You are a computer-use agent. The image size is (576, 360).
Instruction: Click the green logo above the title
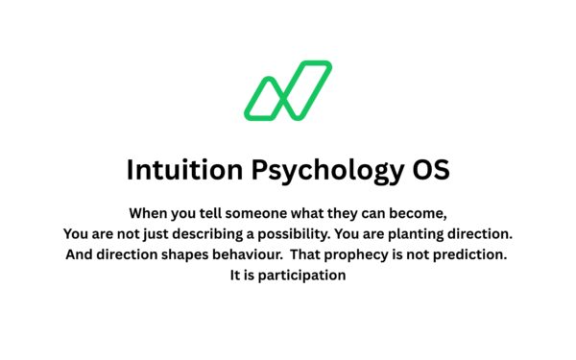pyautogui.click(x=287, y=91)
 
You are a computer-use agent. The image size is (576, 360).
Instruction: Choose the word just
pyautogui.click(x=166, y=234)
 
